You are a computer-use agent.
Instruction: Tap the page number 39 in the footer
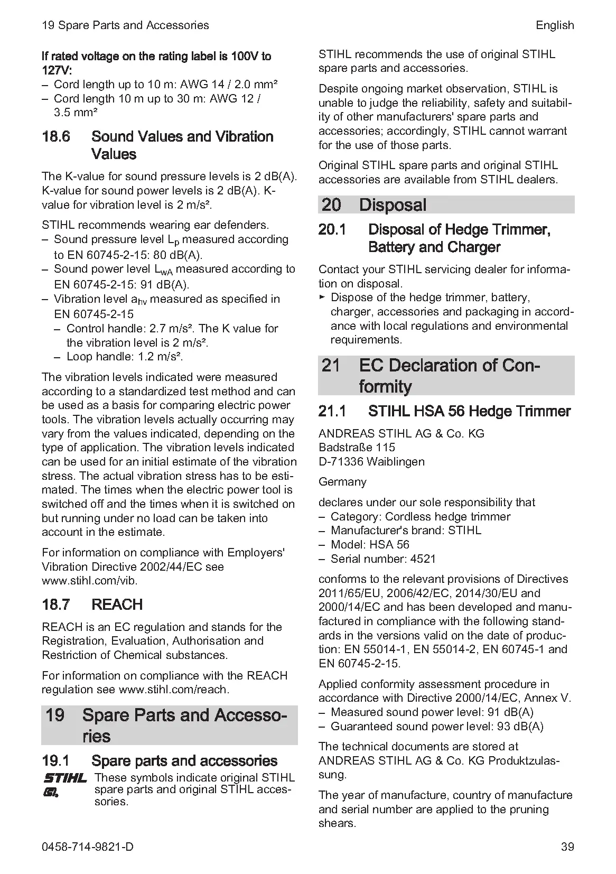click(x=567, y=847)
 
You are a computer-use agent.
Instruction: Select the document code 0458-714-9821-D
click(x=88, y=847)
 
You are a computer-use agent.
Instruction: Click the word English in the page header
click(x=554, y=25)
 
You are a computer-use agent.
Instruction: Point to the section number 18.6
click(x=56, y=137)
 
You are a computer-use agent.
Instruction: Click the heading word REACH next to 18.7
click(x=117, y=605)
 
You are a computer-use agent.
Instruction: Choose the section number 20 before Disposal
click(x=331, y=205)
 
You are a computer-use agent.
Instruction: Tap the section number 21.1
click(x=332, y=411)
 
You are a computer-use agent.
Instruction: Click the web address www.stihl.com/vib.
click(x=90, y=581)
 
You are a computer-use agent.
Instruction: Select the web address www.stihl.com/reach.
click(x=174, y=690)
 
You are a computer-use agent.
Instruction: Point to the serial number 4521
click(x=423, y=559)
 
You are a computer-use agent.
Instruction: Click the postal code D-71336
click(x=341, y=461)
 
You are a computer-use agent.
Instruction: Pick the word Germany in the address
click(x=342, y=482)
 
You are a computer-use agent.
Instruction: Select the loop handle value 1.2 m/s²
click(x=161, y=357)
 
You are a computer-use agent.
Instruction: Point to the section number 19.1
click(x=55, y=761)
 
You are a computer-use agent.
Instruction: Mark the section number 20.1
click(x=332, y=230)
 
